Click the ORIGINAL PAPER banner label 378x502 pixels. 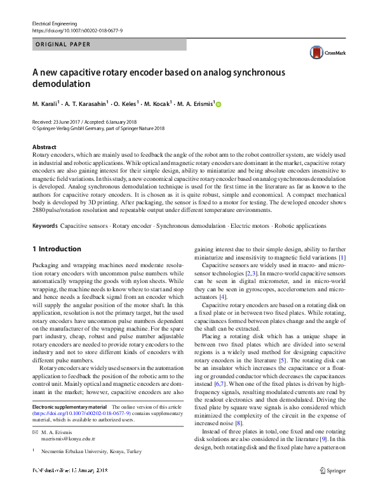pos(63,44)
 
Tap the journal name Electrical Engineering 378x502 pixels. pos(55,23)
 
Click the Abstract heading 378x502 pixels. pos(44,147)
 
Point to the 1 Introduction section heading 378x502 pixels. pos(57,249)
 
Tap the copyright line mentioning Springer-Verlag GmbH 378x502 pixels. pos(98,128)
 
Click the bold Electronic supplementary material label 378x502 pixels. pos(69,406)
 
